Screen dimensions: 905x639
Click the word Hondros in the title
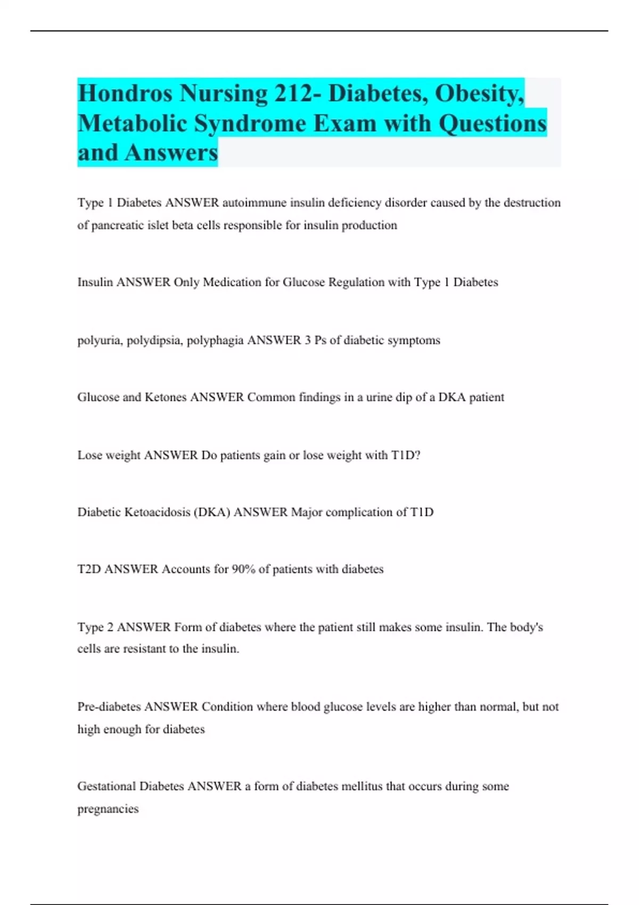[125, 94]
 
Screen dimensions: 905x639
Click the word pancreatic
[117, 225]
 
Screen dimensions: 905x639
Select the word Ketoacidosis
[157, 512]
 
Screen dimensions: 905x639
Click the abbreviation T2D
[89, 569]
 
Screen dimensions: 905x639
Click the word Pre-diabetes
[109, 707]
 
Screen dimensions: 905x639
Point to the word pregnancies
[108, 809]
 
